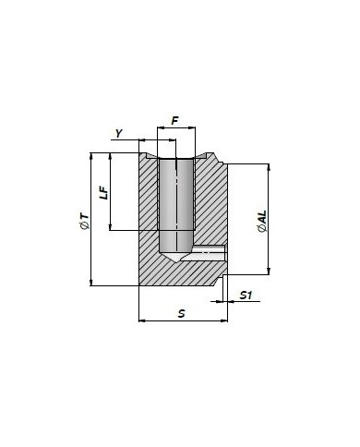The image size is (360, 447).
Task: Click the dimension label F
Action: [x=174, y=121]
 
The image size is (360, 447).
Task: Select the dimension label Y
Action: [x=119, y=133]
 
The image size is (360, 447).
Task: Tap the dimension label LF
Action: [x=104, y=193]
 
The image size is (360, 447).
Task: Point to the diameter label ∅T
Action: [x=84, y=221]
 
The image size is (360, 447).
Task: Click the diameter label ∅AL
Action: [x=262, y=221]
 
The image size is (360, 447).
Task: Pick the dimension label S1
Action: [x=246, y=296]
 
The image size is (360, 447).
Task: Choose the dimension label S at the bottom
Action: [x=182, y=313]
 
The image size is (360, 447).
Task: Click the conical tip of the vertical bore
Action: [x=175, y=262]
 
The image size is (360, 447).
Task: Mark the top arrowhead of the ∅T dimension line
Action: [x=90, y=156]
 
